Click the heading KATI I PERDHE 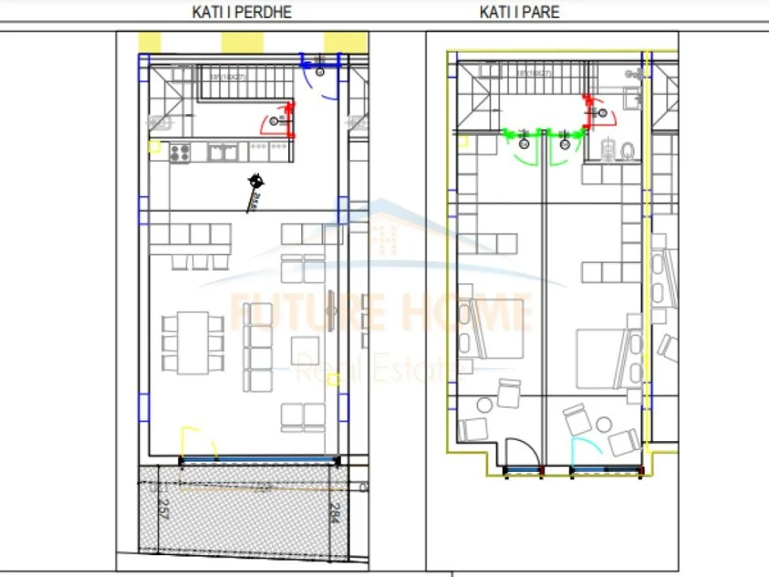click(241, 12)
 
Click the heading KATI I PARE click(519, 12)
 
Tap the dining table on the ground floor click(192, 342)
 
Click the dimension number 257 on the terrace click(162, 509)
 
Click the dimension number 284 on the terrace click(334, 512)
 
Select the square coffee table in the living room click(306, 351)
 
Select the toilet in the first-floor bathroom click(627, 151)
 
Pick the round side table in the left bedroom click(486, 404)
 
